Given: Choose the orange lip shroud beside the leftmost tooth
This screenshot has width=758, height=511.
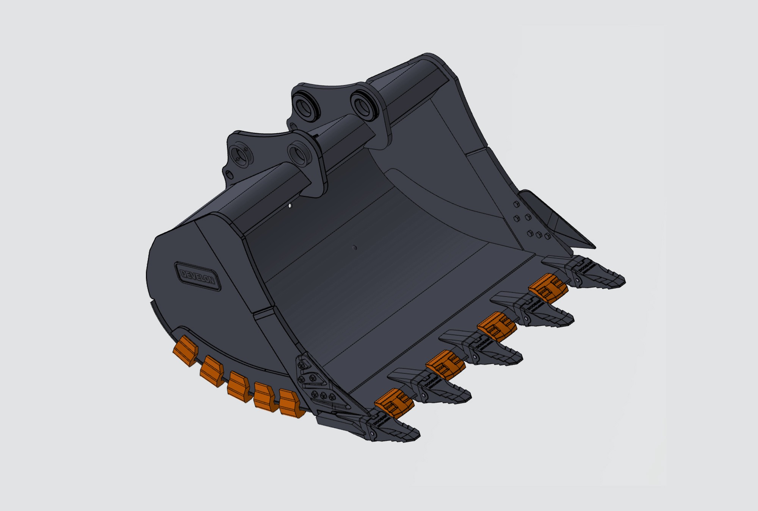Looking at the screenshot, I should (x=394, y=404).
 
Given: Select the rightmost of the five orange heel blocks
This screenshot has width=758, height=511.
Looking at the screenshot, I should (x=291, y=404).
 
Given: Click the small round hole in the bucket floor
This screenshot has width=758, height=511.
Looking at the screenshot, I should (x=354, y=248).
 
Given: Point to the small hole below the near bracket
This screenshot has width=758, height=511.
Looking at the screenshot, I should (x=229, y=175).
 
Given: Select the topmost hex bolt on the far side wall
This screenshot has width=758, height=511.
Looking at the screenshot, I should (x=516, y=205).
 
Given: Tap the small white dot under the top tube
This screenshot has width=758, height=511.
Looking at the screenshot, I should (x=290, y=206).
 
